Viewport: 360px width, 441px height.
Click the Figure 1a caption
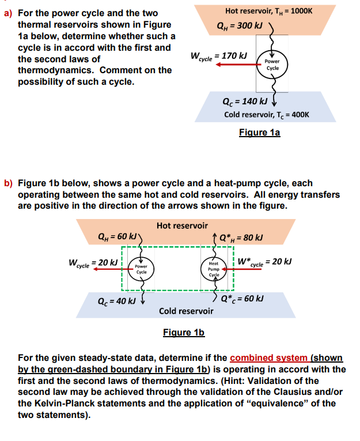point(259,133)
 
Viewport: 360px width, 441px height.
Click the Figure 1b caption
point(184,333)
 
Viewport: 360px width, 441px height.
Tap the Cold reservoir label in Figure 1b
point(186,311)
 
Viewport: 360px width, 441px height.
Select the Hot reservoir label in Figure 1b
point(182,225)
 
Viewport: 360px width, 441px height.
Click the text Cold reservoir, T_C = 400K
point(267,114)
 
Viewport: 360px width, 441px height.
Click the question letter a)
point(9,13)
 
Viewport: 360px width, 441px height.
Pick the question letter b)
point(9,184)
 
